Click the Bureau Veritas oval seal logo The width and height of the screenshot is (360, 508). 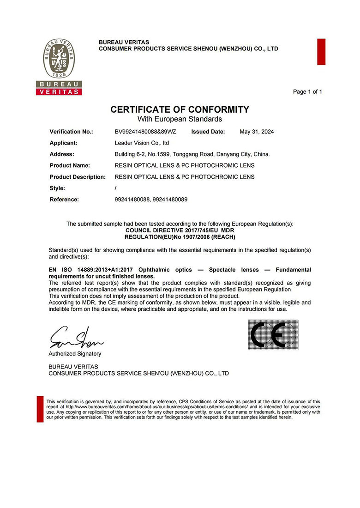pos(59,59)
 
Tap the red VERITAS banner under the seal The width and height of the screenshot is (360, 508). pos(59,92)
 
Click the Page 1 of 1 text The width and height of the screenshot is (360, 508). pos(307,92)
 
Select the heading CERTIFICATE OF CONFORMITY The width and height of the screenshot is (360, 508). pos(180,109)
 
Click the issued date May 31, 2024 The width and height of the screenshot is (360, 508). pos(257,132)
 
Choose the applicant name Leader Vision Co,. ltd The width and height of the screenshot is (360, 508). pos(142,143)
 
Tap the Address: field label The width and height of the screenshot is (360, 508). pos(62,154)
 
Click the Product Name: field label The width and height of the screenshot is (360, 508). pos(70,165)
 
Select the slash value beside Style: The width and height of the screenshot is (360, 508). pos(115,188)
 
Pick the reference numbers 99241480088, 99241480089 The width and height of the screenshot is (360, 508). pos(151,200)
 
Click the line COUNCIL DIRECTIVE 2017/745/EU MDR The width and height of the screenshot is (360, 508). pos(180,230)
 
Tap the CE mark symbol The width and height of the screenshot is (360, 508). pos(273,334)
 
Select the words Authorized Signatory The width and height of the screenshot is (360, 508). pos(75,354)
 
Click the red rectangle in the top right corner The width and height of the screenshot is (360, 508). pos(321,52)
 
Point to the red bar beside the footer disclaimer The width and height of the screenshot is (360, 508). pos(40,409)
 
